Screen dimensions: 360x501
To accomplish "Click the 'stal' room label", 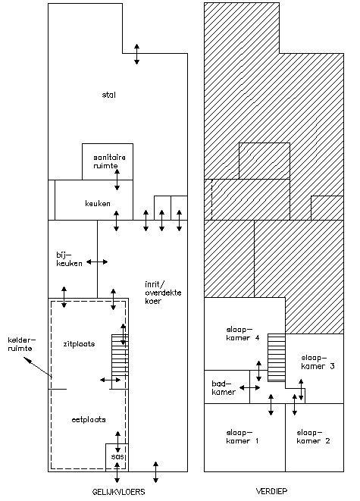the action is click(x=109, y=95).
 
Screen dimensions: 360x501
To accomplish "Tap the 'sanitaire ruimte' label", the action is click(x=105, y=161).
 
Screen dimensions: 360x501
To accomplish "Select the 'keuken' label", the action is click(x=98, y=204).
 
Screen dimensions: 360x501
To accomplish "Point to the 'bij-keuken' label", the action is click(x=69, y=259).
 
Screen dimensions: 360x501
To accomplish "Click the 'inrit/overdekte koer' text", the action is click(x=163, y=293).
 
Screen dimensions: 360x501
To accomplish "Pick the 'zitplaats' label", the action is click(x=79, y=344).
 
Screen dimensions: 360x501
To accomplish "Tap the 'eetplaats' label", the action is click(x=89, y=420).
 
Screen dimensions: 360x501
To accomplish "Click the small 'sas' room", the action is click(x=117, y=457).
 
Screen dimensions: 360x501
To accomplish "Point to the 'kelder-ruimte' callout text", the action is click(x=20, y=344).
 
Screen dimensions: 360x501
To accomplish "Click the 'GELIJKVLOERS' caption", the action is click(x=118, y=492).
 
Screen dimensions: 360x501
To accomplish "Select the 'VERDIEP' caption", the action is click(x=272, y=491).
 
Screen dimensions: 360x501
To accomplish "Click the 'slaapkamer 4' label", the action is click(x=243, y=333).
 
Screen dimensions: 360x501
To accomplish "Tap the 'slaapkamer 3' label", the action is click(x=318, y=362).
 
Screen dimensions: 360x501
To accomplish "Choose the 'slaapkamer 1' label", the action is click(x=243, y=437).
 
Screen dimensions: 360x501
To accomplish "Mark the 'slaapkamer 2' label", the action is click(x=313, y=437).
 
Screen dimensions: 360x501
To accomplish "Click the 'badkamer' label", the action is click(x=224, y=387).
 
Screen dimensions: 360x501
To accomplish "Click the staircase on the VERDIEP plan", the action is click(x=277, y=358).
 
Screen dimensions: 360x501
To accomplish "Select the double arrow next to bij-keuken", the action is click(x=97, y=262).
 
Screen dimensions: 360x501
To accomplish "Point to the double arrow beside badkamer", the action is click(x=250, y=388).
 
